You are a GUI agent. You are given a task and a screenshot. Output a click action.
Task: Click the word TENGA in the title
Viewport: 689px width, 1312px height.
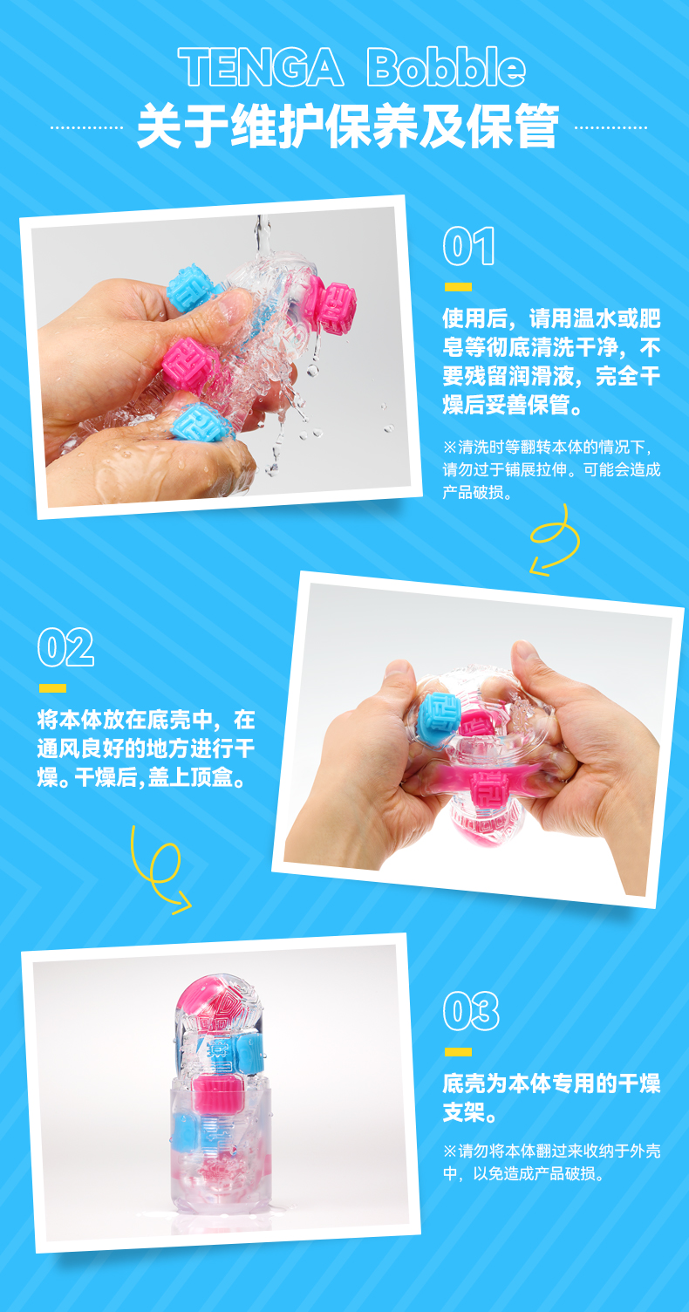coord(261,67)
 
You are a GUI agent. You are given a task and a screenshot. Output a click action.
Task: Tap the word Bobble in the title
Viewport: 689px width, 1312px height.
coord(446,67)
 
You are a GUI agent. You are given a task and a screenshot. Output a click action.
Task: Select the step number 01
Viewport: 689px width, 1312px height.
coord(469,246)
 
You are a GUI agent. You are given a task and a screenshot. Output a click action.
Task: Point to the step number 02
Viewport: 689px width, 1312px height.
coord(65,647)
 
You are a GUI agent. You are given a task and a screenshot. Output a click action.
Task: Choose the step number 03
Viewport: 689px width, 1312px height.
coord(471,1011)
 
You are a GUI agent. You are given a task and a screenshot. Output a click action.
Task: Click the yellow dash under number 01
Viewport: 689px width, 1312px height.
coord(458,287)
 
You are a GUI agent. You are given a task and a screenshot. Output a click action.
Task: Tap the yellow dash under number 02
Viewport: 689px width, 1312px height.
coord(52,688)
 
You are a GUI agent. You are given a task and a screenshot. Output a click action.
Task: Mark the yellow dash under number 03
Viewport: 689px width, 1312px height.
coord(458,1052)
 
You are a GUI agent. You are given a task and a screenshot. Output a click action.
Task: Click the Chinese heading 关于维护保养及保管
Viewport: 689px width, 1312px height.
coord(348,126)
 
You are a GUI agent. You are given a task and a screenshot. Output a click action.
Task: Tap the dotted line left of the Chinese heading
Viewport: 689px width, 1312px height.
coord(86,127)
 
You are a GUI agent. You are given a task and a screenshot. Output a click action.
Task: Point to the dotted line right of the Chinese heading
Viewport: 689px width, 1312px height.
coord(611,127)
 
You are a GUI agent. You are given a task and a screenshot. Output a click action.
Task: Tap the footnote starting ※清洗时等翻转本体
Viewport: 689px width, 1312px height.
coord(551,469)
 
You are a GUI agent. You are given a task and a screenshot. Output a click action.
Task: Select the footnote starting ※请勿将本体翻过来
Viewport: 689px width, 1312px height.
coord(551,1162)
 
